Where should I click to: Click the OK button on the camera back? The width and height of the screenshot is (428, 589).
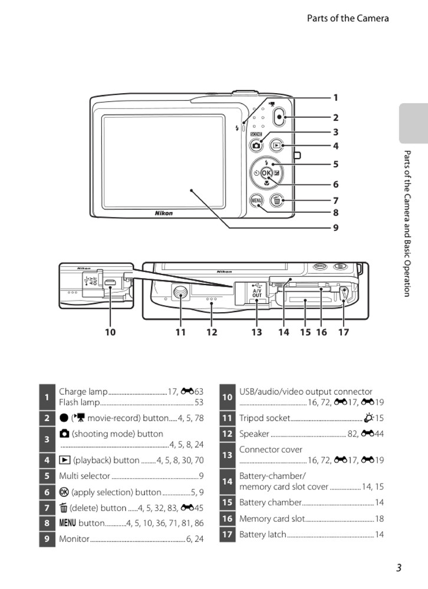tap(266, 173)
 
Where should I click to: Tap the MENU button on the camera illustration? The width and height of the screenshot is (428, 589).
tap(256, 200)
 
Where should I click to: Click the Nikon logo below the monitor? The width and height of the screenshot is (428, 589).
tap(164, 213)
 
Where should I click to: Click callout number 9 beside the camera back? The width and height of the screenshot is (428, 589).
tap(335, 227)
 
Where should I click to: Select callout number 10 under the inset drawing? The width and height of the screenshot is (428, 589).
tap(110, 332)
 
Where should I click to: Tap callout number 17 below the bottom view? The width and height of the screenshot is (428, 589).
tap(343, 332)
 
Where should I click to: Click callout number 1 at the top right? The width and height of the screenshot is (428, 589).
tap(335, 98)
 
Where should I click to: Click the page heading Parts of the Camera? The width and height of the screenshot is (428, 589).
tap(348, 18)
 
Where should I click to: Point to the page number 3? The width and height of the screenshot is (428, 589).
tap(399, 568)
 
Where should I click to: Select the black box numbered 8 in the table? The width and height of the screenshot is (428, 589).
tap(47, 523)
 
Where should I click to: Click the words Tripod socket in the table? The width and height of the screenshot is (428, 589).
tap(265, 418)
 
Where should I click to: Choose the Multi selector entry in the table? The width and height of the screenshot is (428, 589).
tap(85, 476)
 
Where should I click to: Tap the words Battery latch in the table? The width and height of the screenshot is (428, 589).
tap(263, 535)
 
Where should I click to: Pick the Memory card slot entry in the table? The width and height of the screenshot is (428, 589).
tap(272, 519)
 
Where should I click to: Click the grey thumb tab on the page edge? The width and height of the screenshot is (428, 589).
tap(413, 124)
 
